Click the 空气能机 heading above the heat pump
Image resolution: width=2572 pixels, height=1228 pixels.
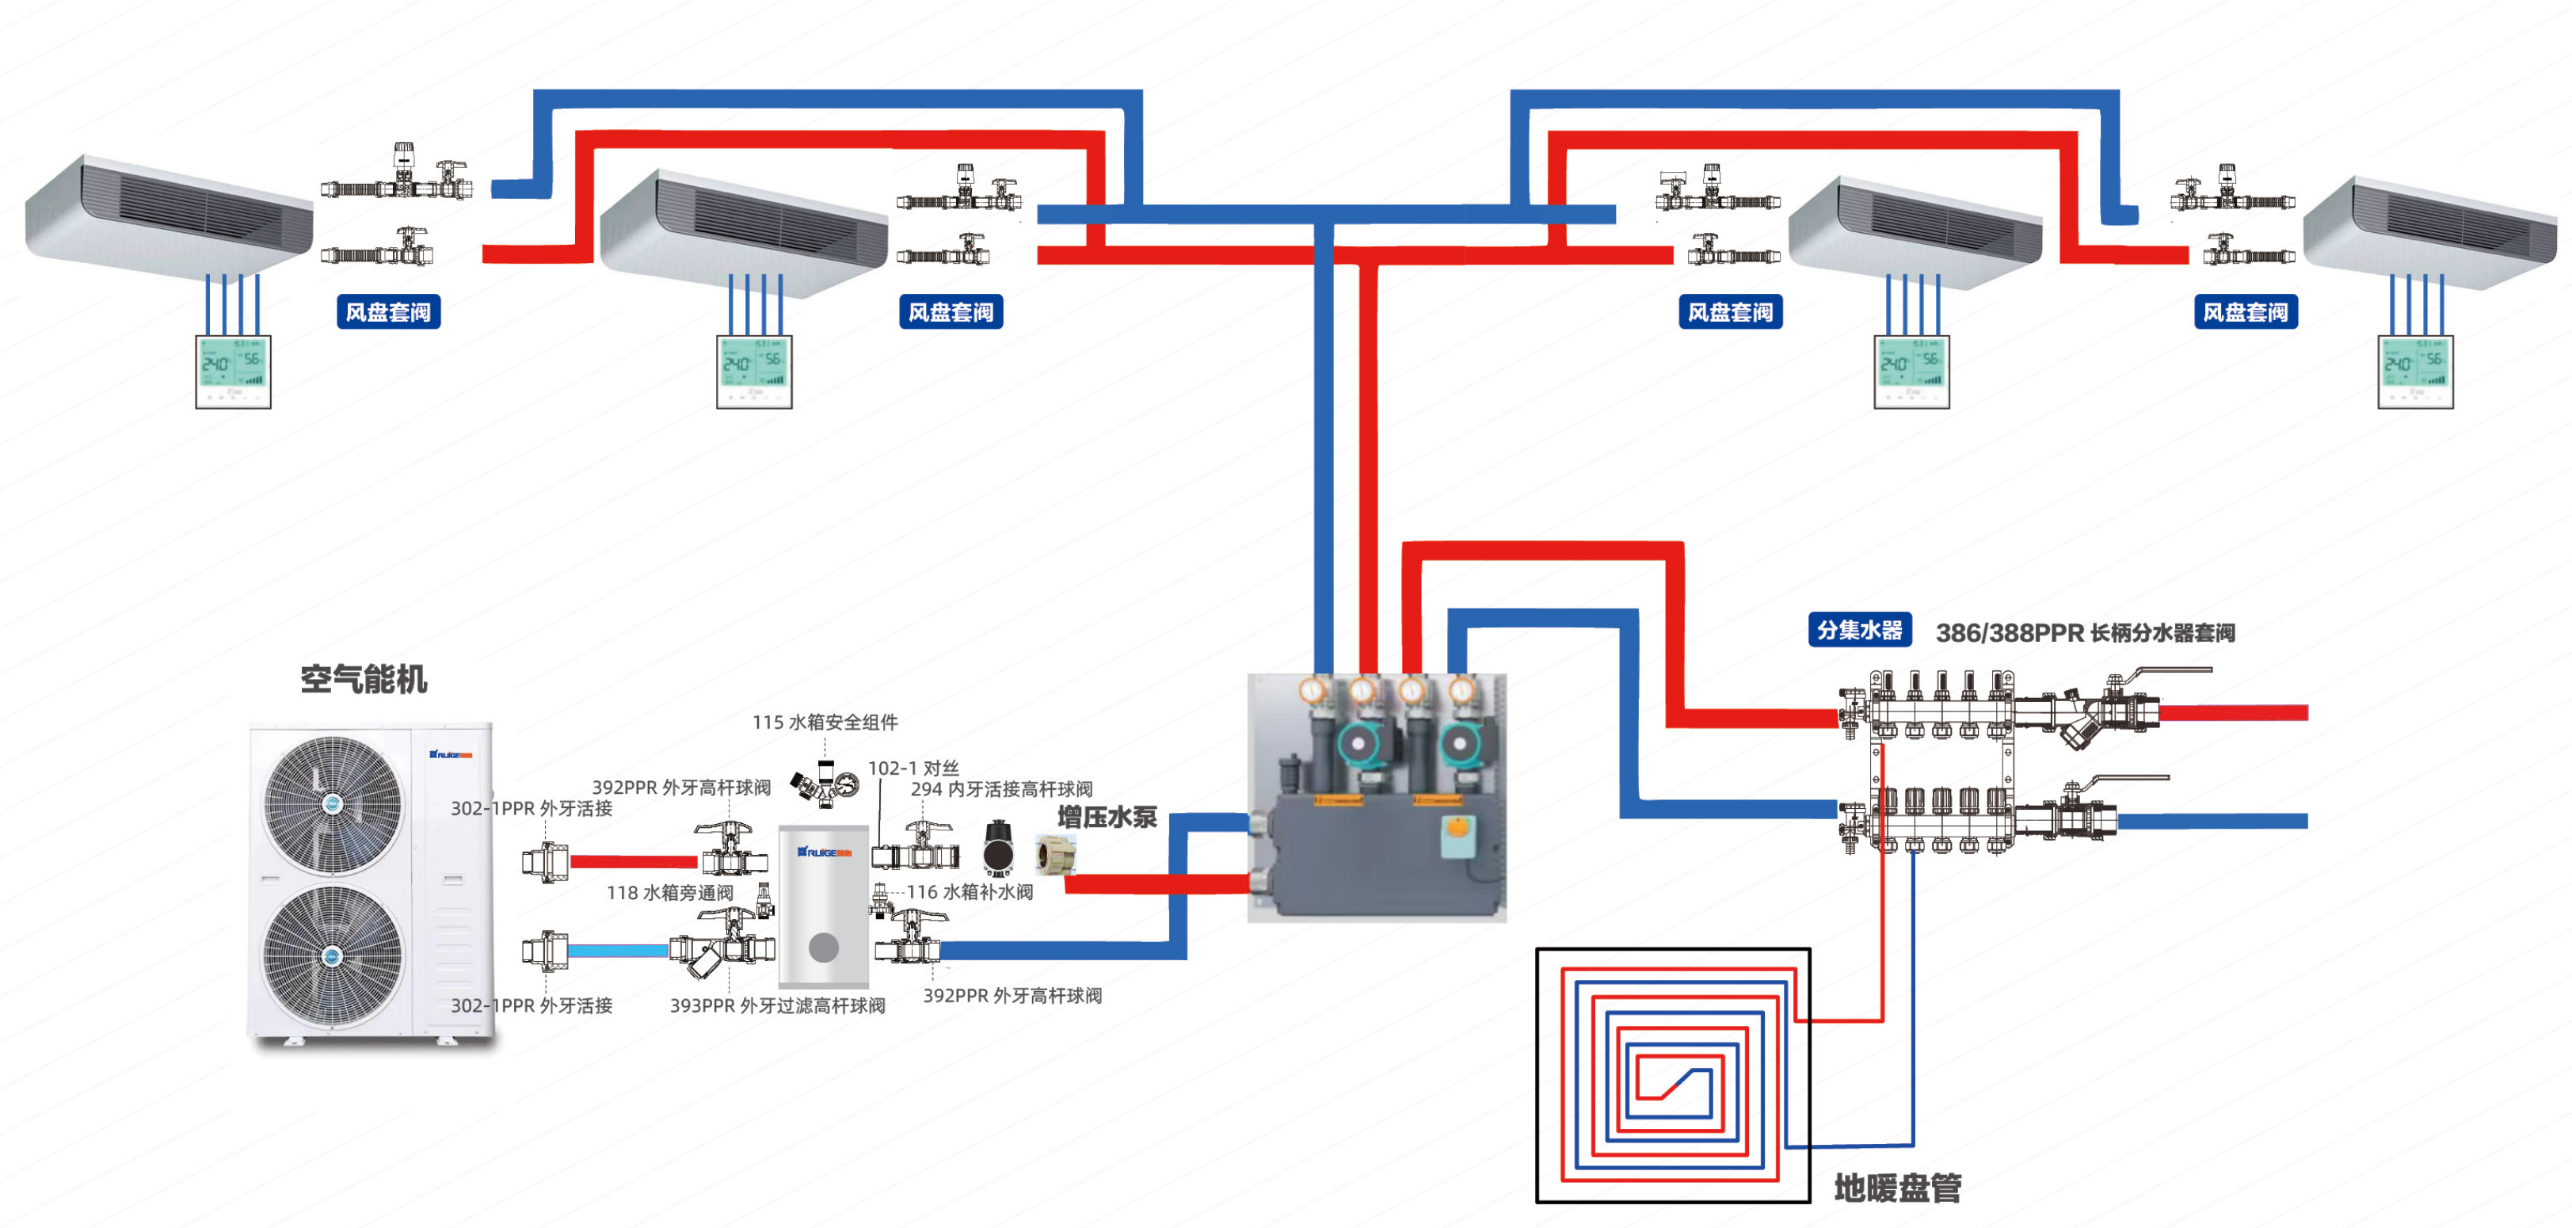pos(364,680)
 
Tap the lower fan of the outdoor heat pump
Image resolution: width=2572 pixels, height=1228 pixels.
pos(333,955)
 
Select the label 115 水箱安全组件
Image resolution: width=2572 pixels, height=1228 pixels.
pos(825,722)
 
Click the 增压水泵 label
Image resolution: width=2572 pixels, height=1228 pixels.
pos(1107,818)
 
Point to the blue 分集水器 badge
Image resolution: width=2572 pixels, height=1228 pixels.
pos(1859,630)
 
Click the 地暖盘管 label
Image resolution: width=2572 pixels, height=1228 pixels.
pos(1897,1188)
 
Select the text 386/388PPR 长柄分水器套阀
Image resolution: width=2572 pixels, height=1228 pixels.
pos(2085,633)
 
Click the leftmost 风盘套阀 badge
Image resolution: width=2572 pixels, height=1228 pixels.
pos(388,312)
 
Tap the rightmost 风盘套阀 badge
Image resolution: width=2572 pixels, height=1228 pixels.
pos(2246,312)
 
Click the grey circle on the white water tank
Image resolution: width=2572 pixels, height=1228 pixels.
pos(824,948)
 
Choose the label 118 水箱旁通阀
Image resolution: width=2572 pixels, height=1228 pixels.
pos(670,893)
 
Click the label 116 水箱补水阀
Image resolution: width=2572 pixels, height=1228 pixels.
pos(970,891)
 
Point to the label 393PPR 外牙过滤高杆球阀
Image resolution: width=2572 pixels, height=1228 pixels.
pos(777,1005)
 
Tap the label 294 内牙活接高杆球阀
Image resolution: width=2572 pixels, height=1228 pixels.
pos(1001,789)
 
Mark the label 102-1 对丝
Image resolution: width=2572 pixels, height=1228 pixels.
pos(913,768)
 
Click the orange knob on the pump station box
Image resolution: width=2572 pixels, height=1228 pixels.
pos(1457,826)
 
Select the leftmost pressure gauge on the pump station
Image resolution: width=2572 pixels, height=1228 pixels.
pos(1312,689)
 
